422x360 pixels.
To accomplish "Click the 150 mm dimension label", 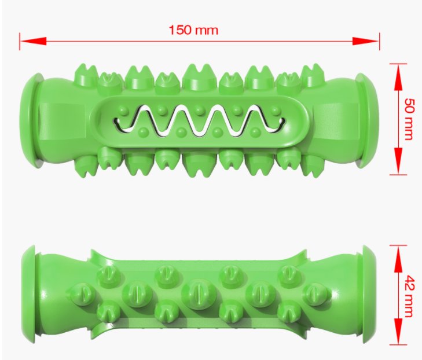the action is click(x=193, y=30).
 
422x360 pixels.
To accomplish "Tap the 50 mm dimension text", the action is click(x=410, y=119).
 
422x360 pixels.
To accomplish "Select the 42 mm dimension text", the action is click(x=410, y=296).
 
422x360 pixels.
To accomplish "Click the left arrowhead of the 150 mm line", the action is click(x=33, y=41).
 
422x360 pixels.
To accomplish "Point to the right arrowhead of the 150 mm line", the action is click(x=366, y=41).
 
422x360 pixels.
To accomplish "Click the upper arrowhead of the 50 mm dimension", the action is click(x=398, y=77).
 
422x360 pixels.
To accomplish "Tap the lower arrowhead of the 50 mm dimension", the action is click(x=398, y=161).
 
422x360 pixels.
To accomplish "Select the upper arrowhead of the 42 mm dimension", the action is click(x=398, y=259).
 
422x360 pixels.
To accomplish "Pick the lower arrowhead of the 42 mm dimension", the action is click(x=398, y=331).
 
